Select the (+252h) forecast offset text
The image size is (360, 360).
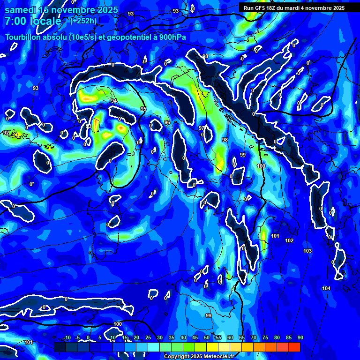[x=83, y=20]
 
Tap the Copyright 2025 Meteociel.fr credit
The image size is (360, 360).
[x=198, y=357]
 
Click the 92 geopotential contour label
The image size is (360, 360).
[x=6, y=133]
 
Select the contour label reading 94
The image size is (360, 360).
[x=114, y=101]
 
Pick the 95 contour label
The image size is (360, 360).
[x=143, y=109]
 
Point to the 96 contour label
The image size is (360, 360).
[x=167, y=123]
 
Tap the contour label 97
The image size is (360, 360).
[x=202, y=128]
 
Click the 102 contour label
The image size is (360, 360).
[x=289, y=240]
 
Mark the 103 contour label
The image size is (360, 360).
[x=307, y=251]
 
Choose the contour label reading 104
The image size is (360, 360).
[x=326, y=288]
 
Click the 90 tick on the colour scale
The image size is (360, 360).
[x=300, y=338]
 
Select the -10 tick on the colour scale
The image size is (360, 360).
[x=67, y=338]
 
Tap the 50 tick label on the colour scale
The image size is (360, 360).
[x=207, y=338]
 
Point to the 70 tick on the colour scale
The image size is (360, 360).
[x=254, y=338]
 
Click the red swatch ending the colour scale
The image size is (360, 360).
[x=294, y=347]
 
